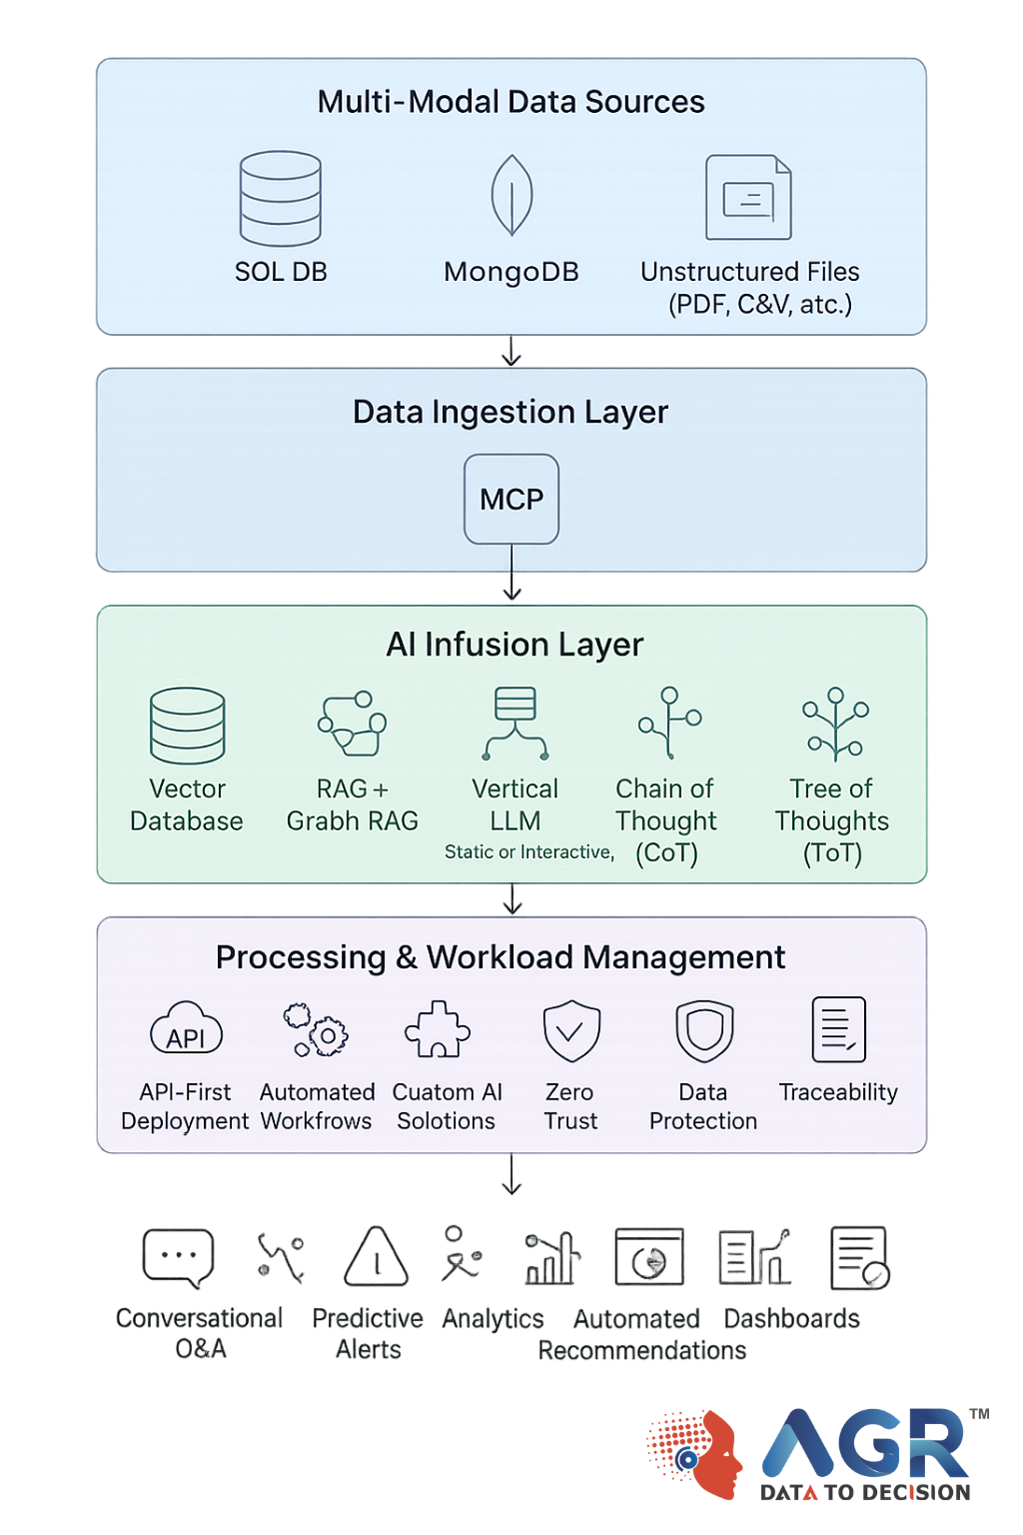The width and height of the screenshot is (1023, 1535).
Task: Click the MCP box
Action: coord(511,499)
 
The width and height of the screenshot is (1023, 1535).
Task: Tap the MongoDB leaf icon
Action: coord(511,195)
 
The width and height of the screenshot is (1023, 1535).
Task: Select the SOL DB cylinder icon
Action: coord(281,198)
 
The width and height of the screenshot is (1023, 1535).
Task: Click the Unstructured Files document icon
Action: coord(748,197)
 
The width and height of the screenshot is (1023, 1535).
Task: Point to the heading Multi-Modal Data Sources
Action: coord(511,102)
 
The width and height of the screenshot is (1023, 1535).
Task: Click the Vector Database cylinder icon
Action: coord(187,726)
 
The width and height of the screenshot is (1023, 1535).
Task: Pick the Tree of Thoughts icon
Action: coord(835,725)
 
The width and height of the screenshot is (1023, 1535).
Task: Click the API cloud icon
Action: coord(186,1029)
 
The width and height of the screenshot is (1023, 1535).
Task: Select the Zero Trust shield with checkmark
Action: coord(571,1030)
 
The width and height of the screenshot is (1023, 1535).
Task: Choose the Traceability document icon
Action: coord(838,1029)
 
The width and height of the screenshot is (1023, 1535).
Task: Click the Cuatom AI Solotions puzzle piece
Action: coord(438,1029)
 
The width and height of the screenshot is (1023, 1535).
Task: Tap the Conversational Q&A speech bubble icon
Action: coord(178,1257)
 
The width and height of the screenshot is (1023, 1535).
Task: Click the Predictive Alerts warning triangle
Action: coord(376,1257)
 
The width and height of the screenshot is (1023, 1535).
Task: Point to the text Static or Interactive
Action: coord(528,851)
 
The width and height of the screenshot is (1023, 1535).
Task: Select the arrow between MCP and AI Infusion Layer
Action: coord(511,575)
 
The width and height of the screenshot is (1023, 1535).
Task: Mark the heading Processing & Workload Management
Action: coord(501,957)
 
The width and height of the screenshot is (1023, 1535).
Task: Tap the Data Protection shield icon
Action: coord(704,1030)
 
